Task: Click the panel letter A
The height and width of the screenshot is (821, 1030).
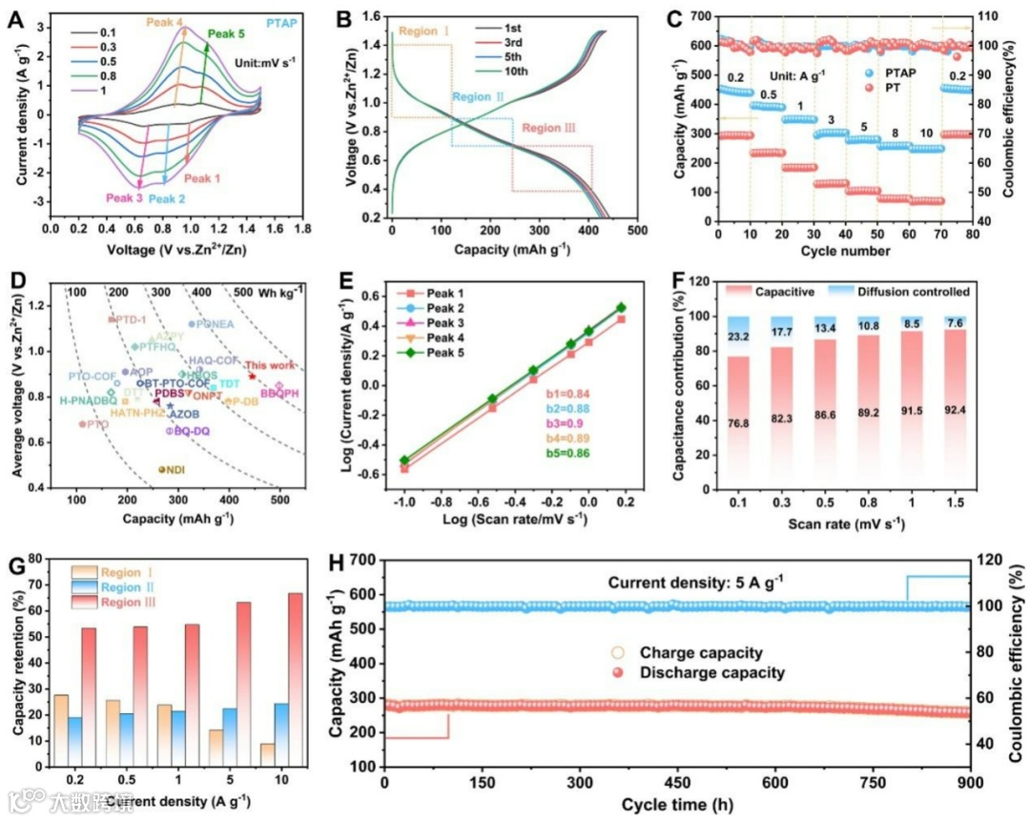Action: (x=16, y=16)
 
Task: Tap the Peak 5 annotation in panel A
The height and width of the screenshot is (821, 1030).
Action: (x=226, y=34)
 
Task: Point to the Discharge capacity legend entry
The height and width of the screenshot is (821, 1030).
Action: (x=712, y=673)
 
